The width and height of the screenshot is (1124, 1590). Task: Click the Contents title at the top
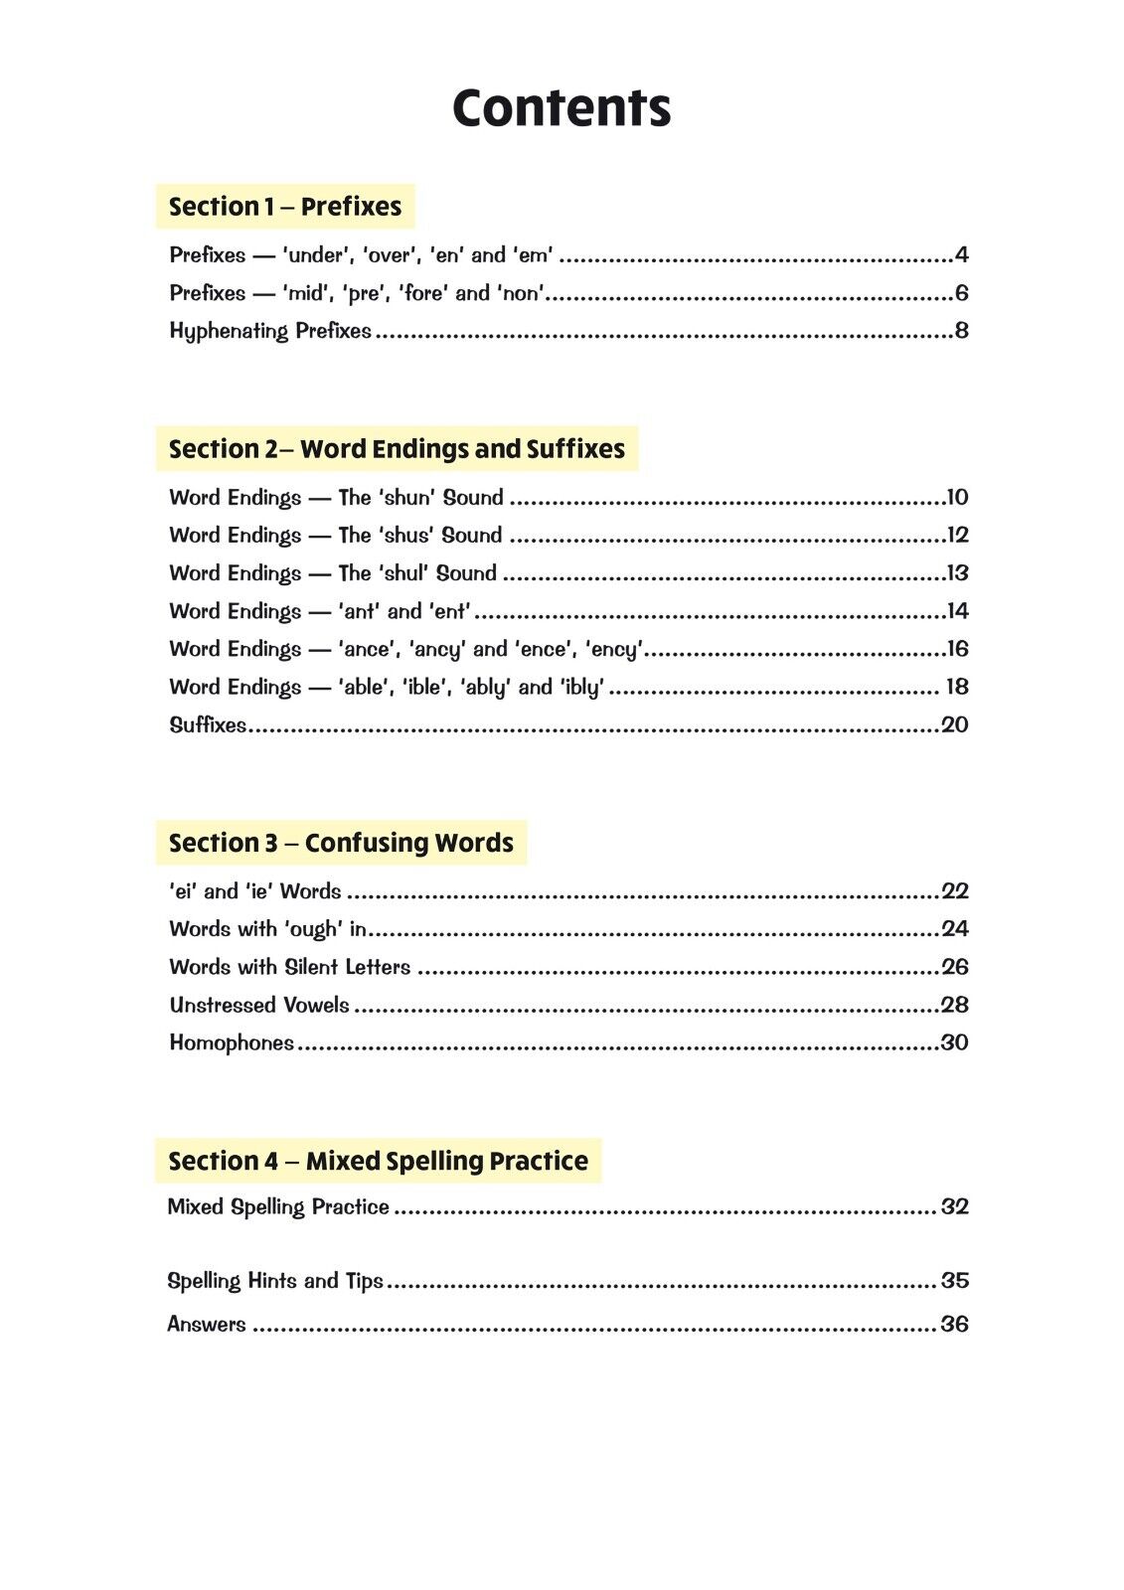(x=562, y=107)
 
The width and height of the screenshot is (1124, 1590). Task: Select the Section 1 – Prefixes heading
(x=285, y=207)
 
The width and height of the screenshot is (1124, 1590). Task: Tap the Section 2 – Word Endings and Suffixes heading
(x=397, y=449)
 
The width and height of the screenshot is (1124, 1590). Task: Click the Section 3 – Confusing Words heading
(x=341, y=843)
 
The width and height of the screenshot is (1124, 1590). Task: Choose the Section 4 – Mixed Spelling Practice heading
(x=378, y=1161)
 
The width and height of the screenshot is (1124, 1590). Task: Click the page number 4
(x=961, y=255)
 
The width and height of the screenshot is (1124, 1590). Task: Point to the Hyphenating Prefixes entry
(x=270, y=331)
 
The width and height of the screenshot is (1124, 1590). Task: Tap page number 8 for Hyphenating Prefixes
(x=961, y=331)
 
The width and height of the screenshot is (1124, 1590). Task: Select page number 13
(x=957, y=573)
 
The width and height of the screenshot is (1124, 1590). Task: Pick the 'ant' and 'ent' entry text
(x=404, y=611)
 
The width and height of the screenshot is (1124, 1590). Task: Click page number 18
(x=956, y=687)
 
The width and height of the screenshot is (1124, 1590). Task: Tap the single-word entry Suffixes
(x=208, y=724)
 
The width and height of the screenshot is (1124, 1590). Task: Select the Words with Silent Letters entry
(x=289, y=967)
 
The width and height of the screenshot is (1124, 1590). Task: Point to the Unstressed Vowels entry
(x=259, y=1005)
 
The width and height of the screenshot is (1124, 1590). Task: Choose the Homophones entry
(x=232, y=1042)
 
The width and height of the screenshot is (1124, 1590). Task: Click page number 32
(x=954, y=1206)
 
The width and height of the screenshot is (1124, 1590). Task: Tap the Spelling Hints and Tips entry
(x=275, y=1281)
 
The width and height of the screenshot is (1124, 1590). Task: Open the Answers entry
(x=207, y=1324)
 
